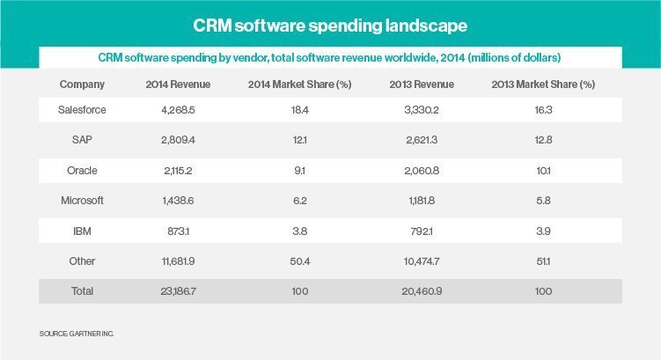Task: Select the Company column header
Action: coord(82,84)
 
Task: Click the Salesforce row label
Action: coord(82,110)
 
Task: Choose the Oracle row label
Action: coord(82,170)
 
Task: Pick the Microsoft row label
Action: coord(82,200)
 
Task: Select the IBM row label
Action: coord(82,230)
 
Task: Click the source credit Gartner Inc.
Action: coord(77,334)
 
